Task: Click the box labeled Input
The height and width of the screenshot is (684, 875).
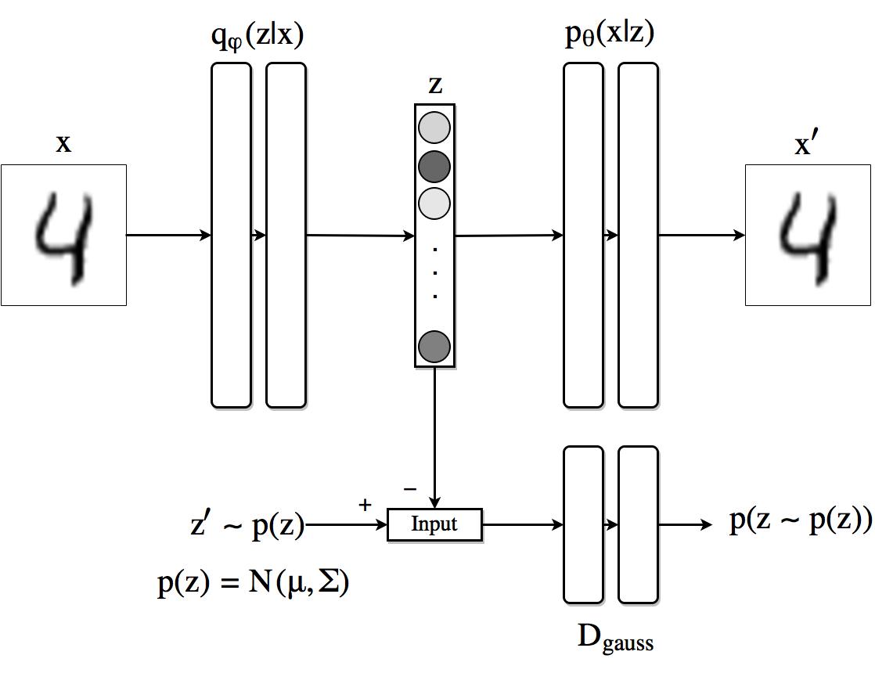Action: point(434,524)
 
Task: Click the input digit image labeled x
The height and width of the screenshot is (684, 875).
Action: point(63,235)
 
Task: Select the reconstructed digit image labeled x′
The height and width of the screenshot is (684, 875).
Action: point(808,235)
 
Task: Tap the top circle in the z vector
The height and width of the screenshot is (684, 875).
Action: point(434,128)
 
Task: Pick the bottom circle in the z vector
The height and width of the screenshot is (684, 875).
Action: point(434,347)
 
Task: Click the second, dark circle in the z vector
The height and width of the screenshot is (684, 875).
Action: point(434,166)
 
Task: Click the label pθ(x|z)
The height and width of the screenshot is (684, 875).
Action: point(610,34)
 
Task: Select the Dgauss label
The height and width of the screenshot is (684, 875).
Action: point(615,638)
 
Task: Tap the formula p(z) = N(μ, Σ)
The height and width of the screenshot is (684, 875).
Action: point(254,583)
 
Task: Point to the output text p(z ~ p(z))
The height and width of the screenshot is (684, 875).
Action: point(801,520)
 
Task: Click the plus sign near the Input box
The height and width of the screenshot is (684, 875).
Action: point(365,505)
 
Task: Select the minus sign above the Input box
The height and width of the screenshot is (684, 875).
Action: point(410,489)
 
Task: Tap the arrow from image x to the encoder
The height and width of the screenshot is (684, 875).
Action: point(169,235)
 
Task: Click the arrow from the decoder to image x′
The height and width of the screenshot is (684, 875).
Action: point(702,235)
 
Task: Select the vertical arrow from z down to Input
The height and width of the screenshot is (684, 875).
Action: point(434,438)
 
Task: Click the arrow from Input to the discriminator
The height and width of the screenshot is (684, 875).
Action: point(523,525)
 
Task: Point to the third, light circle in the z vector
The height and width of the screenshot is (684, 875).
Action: point(434,203)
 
